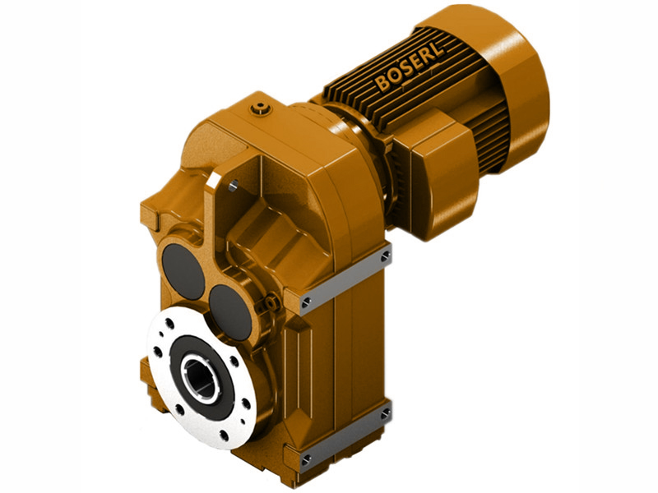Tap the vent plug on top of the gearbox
[262, 105]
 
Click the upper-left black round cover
[183, 270]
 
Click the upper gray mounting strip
[345, 279]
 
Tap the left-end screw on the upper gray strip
[306, 303]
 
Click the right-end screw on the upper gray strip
[384, 258]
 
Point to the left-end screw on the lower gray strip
[306, 457]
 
